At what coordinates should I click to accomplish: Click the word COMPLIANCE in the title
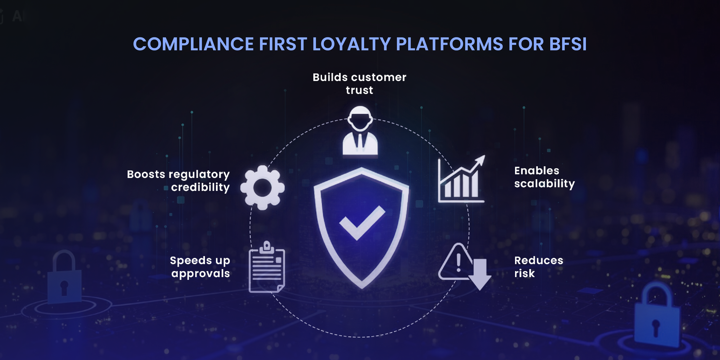pyautogui.click(x=193, y=44)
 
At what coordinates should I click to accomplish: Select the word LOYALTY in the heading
pyautogui.click(x=351, y=44)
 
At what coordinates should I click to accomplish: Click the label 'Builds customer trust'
pyautogui.click(x=359, y=84)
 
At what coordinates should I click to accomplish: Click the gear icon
pyautogui.click(x=262, y=187)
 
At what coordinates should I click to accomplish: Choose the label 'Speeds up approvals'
pyautogui.click(x=200, y=267)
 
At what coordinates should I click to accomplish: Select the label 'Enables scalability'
pyautogui.click(x=544, y=177)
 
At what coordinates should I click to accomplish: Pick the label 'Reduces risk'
pyautogui.click(x=538, y=267)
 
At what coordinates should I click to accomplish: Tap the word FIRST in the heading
pyautogui.click(x=283, y=44)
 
